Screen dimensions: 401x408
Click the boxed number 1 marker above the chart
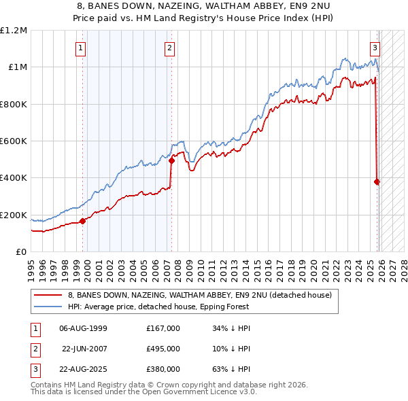coord(81,48)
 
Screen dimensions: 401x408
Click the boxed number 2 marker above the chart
coord(169,48)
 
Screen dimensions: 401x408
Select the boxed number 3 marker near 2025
coord(375,48)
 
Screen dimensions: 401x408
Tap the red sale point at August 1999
coord(83,221)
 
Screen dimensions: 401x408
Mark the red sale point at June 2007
coord(171,160)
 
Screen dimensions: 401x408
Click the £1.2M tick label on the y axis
coord(14,31)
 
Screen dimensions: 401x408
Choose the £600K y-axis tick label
coord(14,141)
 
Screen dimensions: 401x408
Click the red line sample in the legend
coord(48,296)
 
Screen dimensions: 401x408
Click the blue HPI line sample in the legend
coord(48,307)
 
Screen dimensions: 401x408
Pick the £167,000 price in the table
coord(163,328)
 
